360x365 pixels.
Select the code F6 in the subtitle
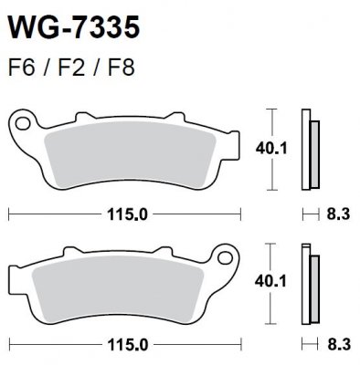pyautogui.click(x=19, y=69)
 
